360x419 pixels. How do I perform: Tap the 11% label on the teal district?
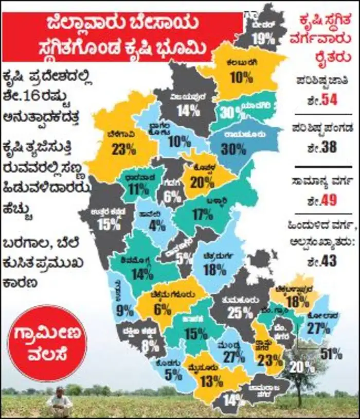[x=138, y=188]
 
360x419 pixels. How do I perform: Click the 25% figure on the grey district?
[x=241, y=311]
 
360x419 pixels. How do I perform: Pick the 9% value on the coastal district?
[x=125, y=310]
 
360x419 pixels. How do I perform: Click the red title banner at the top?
[x=122, y=37]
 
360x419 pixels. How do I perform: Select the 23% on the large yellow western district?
[x=123, y=149]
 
